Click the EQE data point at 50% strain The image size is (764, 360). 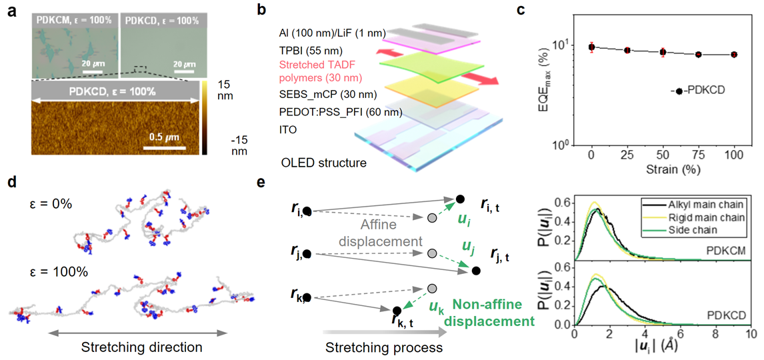(x=663, y=52)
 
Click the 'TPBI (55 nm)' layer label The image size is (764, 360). (x=317, y=50)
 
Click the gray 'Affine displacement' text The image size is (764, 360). (x=388, y=233)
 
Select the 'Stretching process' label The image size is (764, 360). (x=382, y=348)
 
